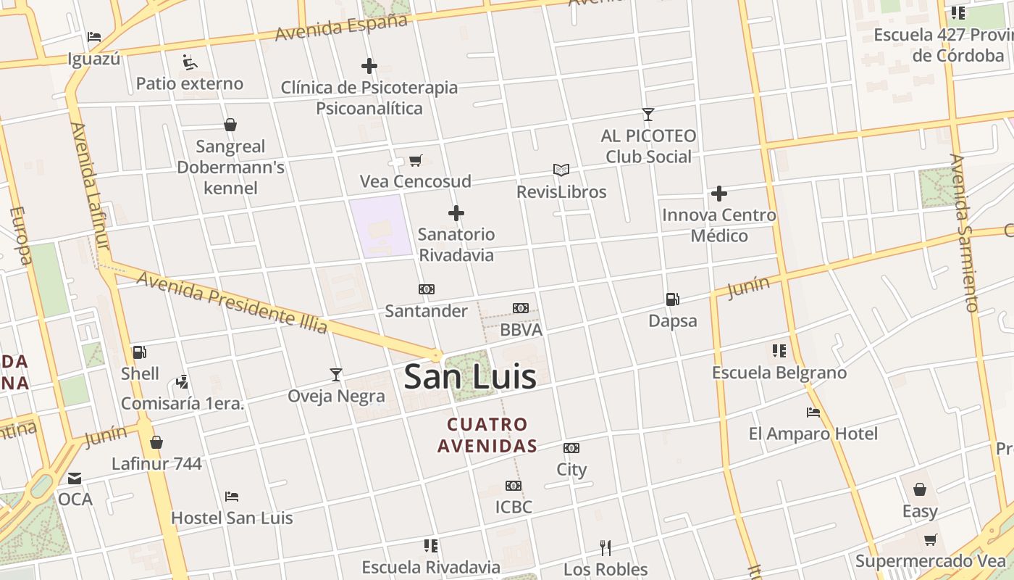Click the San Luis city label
tap(470, 377)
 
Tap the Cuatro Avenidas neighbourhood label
tap(487, 435)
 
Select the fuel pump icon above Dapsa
tap(672, 299)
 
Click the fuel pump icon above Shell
tap(139, 352)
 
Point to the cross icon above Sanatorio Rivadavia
tap(456, 213)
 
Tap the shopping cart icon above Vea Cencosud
tap(415, 160)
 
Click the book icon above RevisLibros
tap(561, 170)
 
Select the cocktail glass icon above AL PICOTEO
tap(648, 115)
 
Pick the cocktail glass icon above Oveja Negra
tap(336, 375)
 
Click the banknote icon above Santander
tap(426, 289)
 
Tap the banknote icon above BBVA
tap(520, 308)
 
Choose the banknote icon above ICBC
tap(514, 486)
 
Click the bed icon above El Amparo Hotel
tap(813, 413)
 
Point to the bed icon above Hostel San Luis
tap(232, 497)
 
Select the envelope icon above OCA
tap(75, 478)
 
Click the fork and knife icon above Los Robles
tap(606, 547)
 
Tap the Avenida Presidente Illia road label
tap(232, 302)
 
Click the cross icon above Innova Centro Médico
tap(718, 194)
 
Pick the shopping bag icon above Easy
tap(920, 490)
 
